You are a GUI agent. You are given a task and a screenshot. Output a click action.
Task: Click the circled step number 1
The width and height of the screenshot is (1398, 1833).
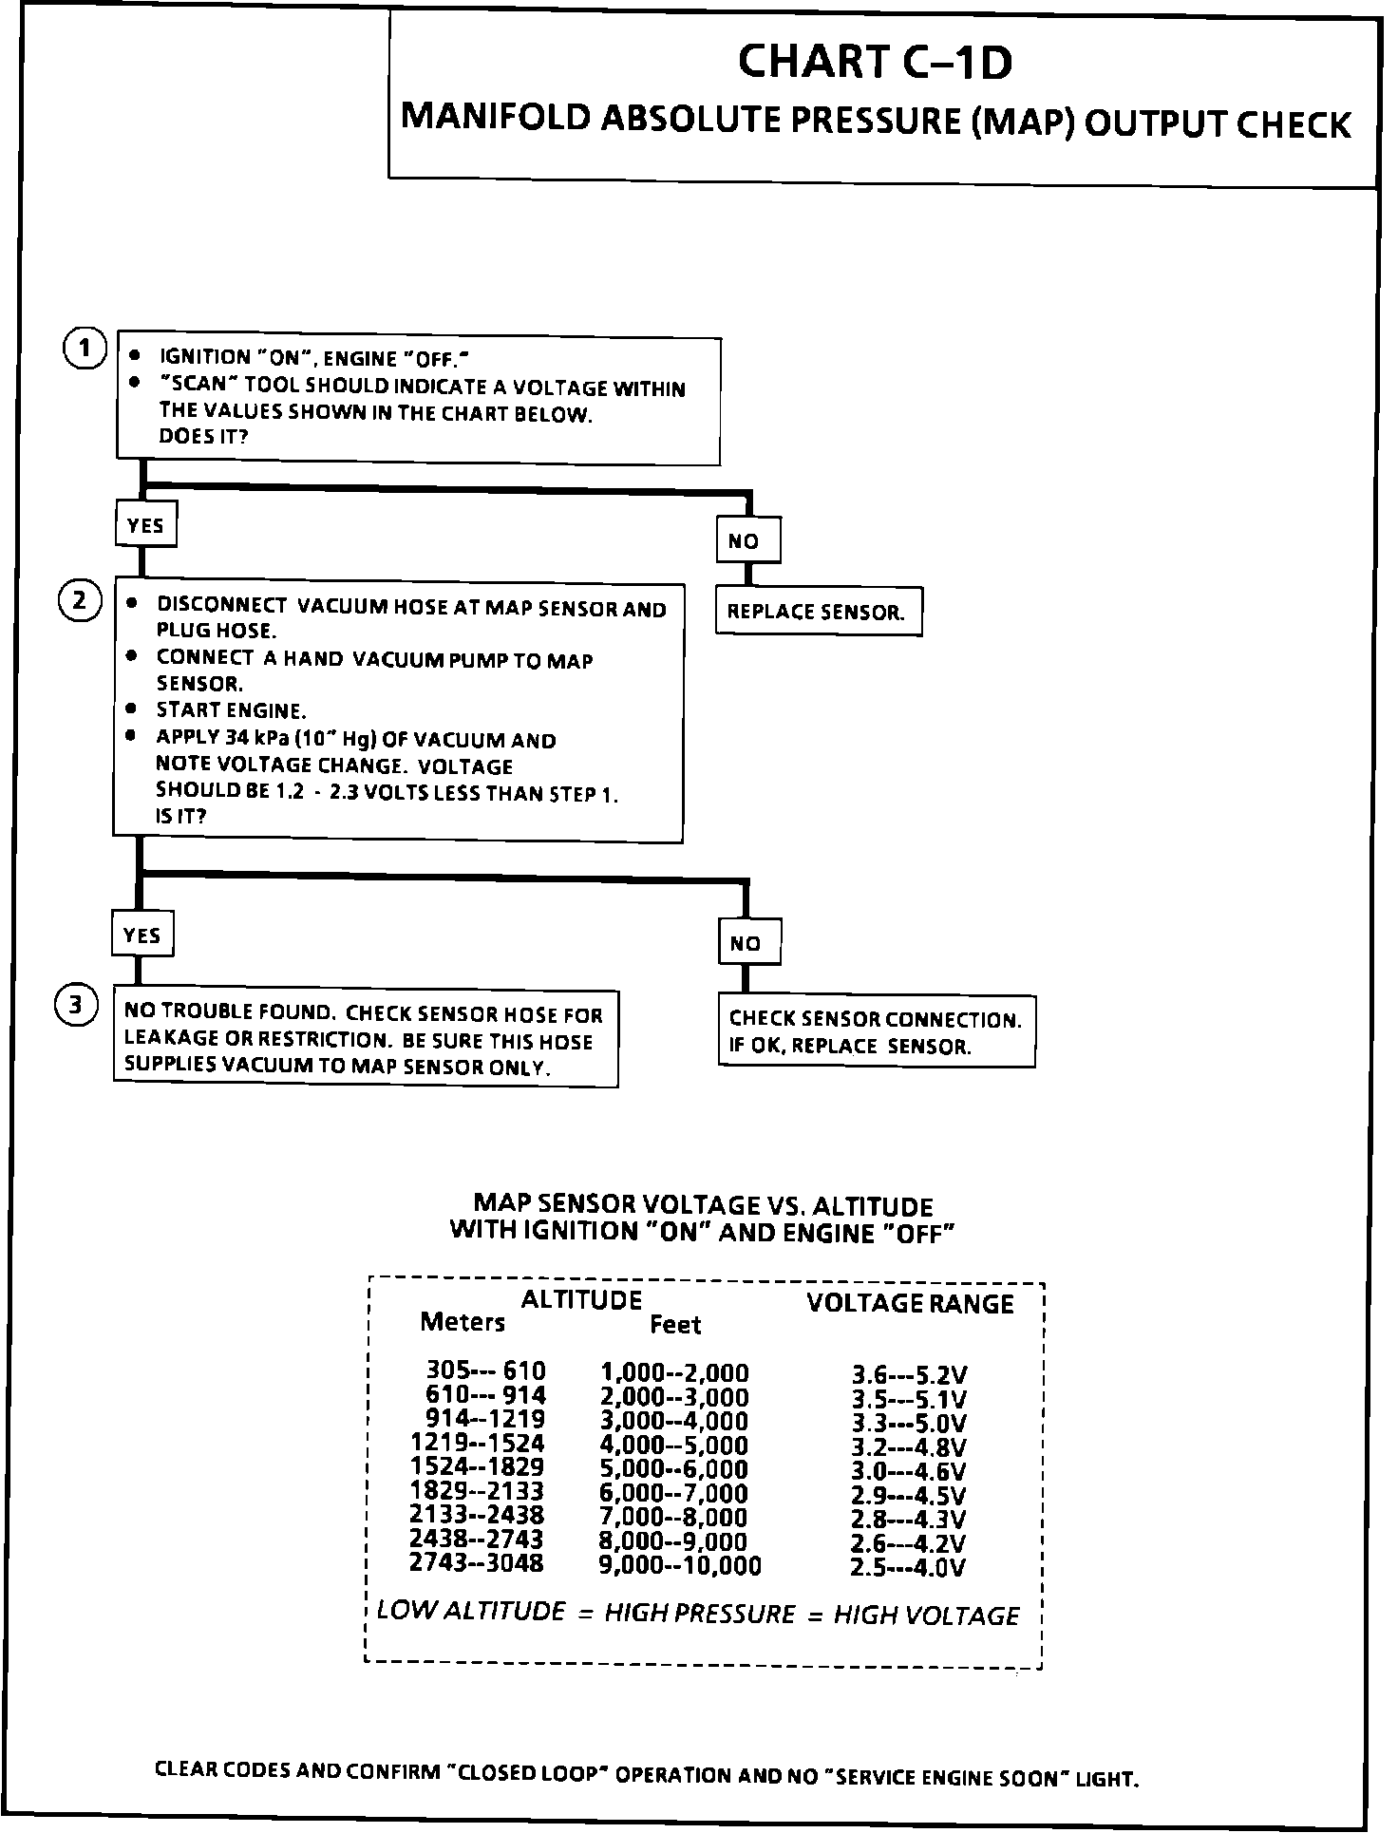[x=85, y=350]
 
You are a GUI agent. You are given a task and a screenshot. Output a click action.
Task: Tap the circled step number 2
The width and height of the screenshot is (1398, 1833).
[x=80, y=600]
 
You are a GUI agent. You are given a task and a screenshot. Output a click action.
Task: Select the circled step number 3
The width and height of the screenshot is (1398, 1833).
[x=76, y=1007]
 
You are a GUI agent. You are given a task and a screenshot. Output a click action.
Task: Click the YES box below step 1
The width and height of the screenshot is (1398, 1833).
[x=145, y=525]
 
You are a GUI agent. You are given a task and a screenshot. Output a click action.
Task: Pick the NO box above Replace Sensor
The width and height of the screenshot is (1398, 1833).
[x=747, y=540]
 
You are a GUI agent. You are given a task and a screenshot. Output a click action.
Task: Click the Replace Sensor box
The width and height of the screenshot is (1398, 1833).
[x=818, y=612]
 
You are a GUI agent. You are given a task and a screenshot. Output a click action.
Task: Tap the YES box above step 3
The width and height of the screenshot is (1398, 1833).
[x=142, y=935]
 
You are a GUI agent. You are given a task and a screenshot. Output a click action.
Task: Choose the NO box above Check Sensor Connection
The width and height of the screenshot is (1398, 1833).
[x=748, y=942]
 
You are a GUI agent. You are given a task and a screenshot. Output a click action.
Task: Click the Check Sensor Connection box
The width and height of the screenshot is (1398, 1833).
[x=876, y=1032]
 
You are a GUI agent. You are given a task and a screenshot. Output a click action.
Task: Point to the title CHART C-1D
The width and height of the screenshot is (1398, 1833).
[x=875, y=63]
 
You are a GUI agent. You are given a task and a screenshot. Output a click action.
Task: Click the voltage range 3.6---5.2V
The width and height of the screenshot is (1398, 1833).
[x=909, y=1375]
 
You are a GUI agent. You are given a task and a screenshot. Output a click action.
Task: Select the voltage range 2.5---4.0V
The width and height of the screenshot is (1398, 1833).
[x=908, y=1567]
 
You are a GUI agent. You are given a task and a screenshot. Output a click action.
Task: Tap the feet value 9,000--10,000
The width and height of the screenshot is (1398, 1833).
[x=679, y=1565]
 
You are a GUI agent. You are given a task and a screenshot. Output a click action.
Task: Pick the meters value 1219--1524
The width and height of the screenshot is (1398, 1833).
[x=478, y=1444]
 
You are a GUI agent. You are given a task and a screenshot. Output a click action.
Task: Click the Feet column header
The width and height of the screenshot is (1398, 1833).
[x=675, y=1324]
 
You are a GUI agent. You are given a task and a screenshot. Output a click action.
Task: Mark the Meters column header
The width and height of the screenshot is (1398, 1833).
[x=463, y=1322]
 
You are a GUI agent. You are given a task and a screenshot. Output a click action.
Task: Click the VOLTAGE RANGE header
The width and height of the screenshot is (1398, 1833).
[x=910, y=1303]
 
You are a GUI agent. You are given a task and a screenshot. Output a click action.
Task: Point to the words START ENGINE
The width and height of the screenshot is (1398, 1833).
[x=231, y=710]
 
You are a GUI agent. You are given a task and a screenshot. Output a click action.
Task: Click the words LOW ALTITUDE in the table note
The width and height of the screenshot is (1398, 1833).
[x=471, y=1611]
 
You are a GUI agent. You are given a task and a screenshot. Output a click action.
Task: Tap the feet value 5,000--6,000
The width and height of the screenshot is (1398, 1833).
[x=673, y=1469]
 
